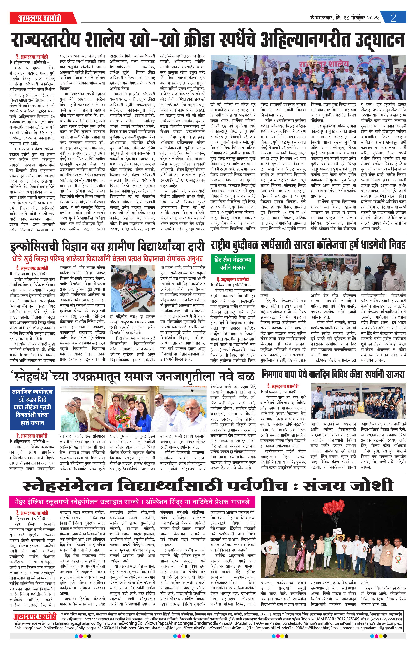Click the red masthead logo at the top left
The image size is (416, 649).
[39, 18]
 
